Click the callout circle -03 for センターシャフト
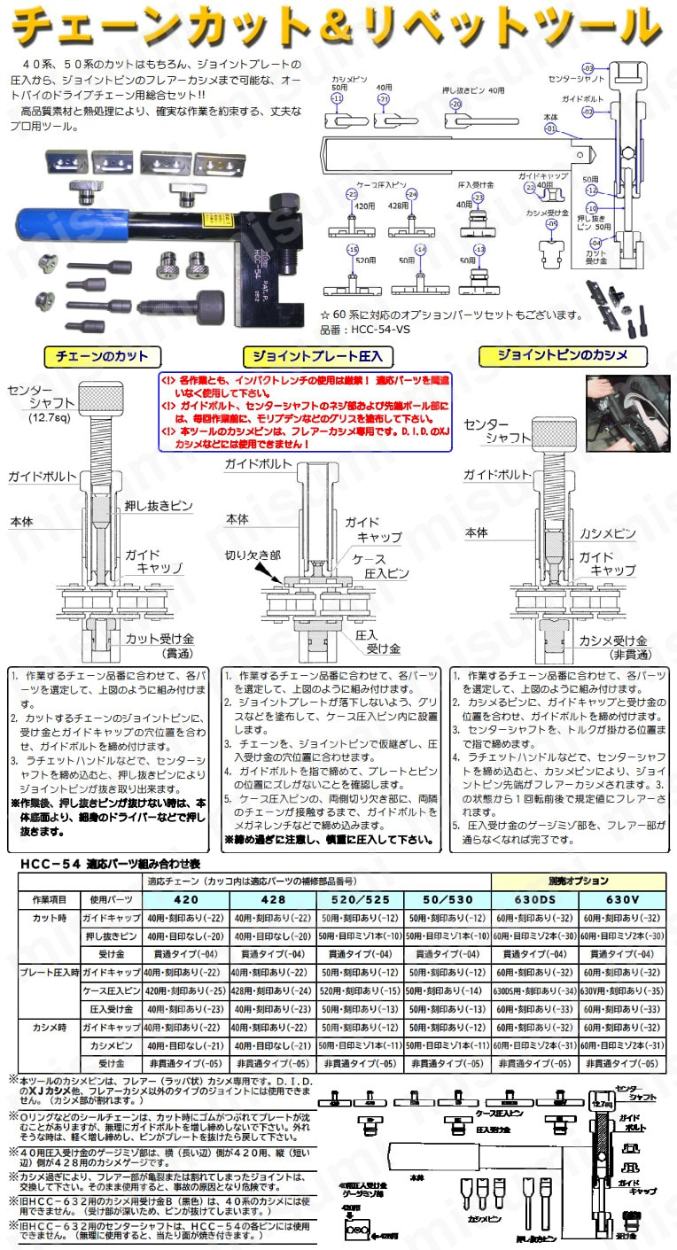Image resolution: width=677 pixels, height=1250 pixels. pos(586,68)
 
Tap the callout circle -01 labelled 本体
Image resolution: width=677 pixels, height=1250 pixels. pos(549,128)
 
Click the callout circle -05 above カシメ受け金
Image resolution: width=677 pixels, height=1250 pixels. pos(551,224)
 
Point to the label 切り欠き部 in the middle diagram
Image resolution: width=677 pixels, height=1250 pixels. pos(251,555)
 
